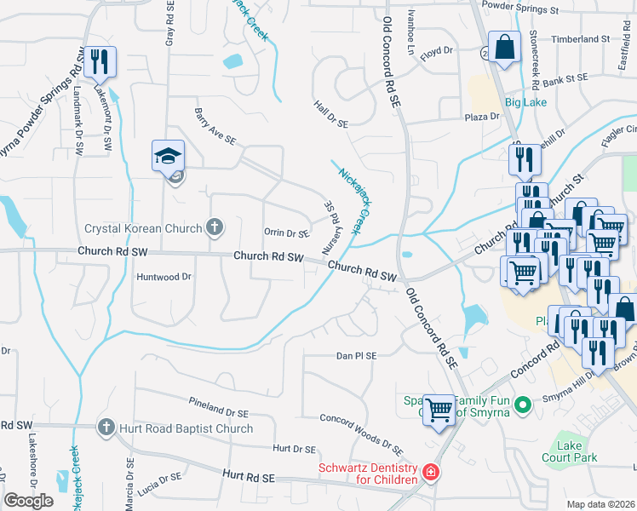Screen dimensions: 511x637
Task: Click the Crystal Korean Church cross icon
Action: point(215,227)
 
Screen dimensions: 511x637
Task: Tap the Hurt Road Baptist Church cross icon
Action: point(106,426)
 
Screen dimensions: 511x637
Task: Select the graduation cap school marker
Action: point(168,155)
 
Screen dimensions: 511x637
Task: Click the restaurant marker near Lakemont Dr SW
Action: point(100,60)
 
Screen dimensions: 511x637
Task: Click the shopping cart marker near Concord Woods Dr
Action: point(439,411)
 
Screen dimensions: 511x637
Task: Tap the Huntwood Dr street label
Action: point(164,277)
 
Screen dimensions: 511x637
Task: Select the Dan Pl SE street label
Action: point(356,354)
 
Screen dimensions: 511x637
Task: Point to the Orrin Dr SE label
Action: point(286,233)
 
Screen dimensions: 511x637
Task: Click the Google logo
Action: point(29,500)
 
